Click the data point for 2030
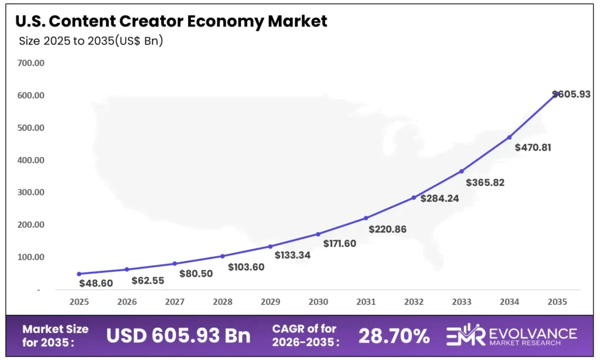pos(318,234)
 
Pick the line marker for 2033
pos(462,171)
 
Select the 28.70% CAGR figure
pos(394,336)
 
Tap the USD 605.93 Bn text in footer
pos(178,336)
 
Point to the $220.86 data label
pos(387,229)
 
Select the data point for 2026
pos(127,269)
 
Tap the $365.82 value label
pos(485,182)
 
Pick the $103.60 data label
pos(246,267)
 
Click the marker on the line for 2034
pos(509,137)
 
